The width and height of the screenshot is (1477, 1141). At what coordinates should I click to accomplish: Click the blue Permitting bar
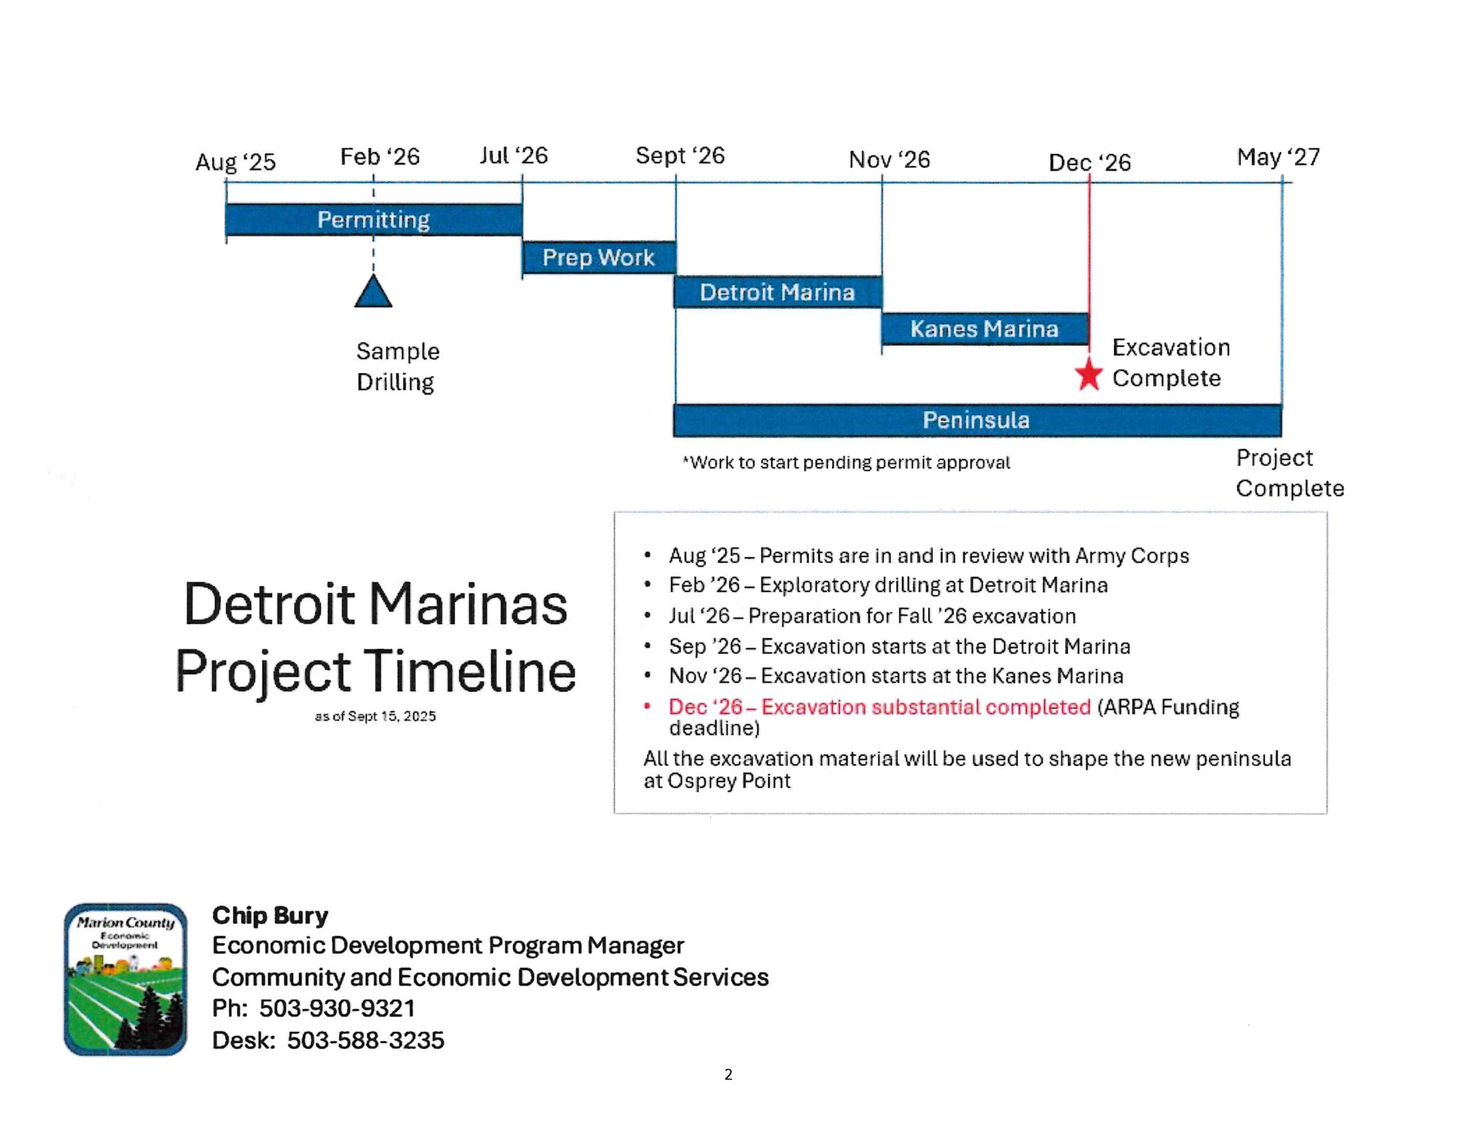pyautogui.click(x=373, y=220)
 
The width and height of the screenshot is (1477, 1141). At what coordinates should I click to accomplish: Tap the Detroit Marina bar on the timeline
pyautogui.click(x=778, y=292)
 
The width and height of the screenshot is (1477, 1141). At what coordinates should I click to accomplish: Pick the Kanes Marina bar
pyautogui.click(x=985, y=329)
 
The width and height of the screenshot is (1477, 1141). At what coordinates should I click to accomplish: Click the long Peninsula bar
pyautogui.click(x=977, y=421)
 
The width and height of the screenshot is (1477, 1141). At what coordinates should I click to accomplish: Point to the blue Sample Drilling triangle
pyautogui.click(x=373, y=291)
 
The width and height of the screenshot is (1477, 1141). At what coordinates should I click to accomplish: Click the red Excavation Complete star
pyautogui.click(x=1089, y=376)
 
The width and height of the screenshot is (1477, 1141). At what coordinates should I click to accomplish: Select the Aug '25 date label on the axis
pyautogui.click(x=235, y=162)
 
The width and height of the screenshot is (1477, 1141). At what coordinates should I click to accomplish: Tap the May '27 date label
pyautogui.click(x=1278, y=157)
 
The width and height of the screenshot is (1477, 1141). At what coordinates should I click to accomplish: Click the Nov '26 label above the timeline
pyautogui.click(x=889, y=160)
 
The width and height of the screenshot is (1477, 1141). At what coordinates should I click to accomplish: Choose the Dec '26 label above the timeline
pyautogui.click(x=1089, y=162)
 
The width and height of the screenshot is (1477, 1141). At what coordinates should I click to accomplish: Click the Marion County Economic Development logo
pyautogui.click(x=126, y=979)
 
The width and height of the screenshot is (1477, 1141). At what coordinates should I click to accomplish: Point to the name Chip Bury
pyautogui.click(x=270, y=915)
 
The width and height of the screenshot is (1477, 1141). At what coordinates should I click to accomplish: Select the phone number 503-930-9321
pyautogui.click(x=337, y=1008)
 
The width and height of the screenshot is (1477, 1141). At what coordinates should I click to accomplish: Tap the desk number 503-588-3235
pyautogui.click(x=365, y=1040)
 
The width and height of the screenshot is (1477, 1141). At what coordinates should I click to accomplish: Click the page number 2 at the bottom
pyautogui.click(x=728, y=1075)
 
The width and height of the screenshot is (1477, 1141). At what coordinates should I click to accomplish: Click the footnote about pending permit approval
pyautogui.click(x=846, y=463)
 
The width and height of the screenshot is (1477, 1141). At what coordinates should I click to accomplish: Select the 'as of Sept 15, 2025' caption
pyautogui.click(x=376, y=716)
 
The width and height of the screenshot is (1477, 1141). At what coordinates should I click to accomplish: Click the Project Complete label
pyautogui.click(x=1289, y=474)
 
